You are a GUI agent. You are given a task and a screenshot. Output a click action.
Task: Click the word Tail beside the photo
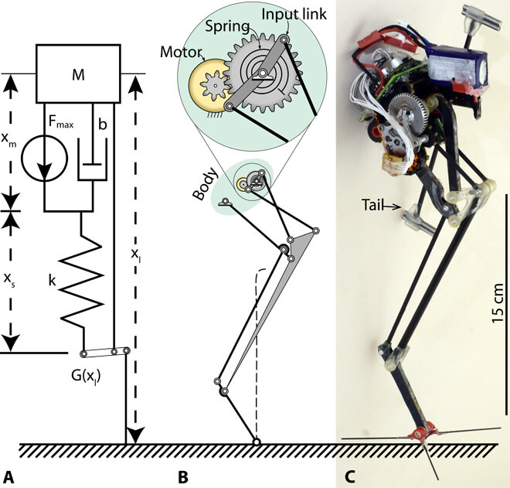[x=375, y=206]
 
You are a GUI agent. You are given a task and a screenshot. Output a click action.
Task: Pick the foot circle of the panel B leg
[x=257, y=442]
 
